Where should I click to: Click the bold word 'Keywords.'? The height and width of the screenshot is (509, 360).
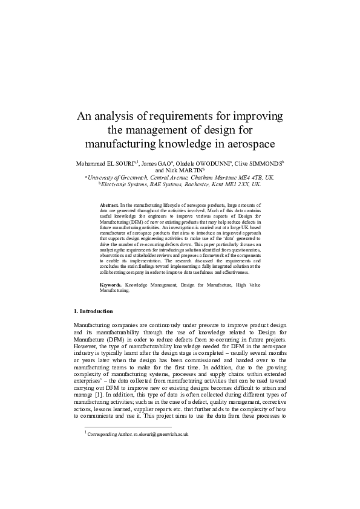(x=111, y=284)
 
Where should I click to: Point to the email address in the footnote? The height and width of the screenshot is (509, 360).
(x=158, y=433)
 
